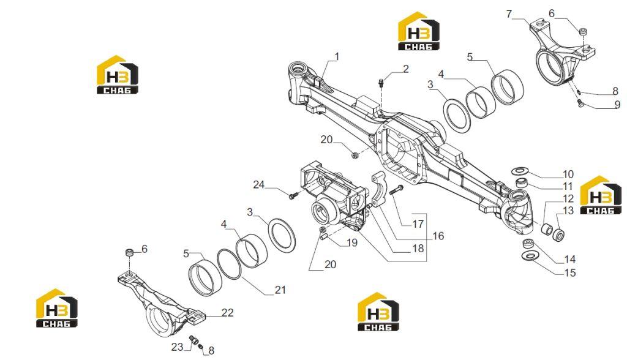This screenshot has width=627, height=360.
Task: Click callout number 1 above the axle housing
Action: pos(337,57)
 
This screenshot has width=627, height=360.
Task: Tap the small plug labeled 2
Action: pos(380,83)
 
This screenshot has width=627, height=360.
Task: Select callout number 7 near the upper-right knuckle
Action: pos(509,14)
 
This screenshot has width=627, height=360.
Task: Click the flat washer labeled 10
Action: pos(519,171)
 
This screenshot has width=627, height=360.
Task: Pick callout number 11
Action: pos(568,186)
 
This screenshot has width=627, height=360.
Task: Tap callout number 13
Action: pos(568,211)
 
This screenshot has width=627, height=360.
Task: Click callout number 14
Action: pos(569,260)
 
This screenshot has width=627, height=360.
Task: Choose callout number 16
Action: pos(438,236)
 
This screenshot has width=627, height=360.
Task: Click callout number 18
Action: pos(418,249)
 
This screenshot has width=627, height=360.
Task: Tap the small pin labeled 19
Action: pos(325,236)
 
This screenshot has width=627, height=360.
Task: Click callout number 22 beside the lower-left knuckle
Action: pos(227,312)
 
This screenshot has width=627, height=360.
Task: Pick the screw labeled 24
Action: pos(293,195)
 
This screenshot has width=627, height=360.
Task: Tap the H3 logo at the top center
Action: pos(418,31)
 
